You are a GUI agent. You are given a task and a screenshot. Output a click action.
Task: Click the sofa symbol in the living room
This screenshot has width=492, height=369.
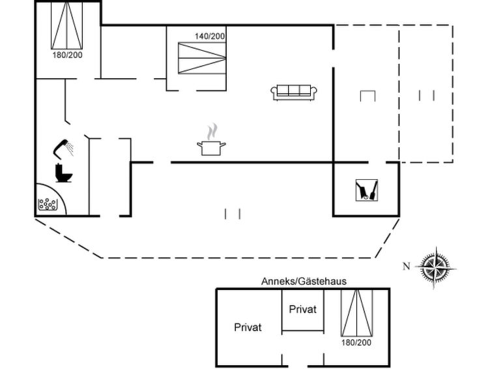click(294, 93)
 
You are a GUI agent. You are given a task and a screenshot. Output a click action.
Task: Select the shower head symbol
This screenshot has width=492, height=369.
click(63, 148)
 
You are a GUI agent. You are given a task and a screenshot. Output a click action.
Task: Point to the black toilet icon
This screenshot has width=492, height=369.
click(64, 173)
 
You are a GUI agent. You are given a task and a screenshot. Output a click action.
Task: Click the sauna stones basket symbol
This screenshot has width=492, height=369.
click(48, 204)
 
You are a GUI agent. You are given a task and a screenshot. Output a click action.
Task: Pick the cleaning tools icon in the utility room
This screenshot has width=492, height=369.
click(366, 190)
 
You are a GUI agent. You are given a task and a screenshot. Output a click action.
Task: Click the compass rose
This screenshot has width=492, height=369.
click(435, 268)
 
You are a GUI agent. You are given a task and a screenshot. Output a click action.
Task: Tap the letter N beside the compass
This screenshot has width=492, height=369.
click(407, 266)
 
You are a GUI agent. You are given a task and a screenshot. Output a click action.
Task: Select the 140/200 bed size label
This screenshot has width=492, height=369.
click(210, 37)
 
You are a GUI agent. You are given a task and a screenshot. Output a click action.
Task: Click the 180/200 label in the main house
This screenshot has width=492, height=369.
click(68, 55)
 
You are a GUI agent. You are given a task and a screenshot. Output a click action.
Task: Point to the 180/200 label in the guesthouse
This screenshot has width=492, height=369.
click(356, 342)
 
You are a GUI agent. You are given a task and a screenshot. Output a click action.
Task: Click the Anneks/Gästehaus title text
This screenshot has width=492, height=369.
click(304, 281)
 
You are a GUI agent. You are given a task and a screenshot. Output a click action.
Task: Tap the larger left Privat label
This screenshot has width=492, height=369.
click(248, 327)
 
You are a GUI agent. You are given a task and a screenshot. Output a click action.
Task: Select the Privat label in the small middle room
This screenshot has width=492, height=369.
click(302, 309)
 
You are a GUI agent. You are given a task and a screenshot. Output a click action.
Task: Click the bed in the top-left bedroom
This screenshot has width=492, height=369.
click(67, 25)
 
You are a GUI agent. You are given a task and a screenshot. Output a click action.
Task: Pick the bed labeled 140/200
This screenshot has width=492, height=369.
click(202, 58)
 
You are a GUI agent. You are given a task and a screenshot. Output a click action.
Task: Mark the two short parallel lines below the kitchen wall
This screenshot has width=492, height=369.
click(233, 214)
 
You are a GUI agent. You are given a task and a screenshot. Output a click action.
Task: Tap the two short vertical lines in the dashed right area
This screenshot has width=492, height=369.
click(426, 95)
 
